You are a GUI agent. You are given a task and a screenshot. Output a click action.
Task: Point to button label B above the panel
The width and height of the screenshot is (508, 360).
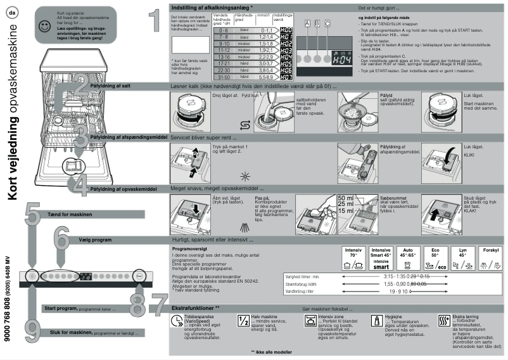click(x=317, y=23)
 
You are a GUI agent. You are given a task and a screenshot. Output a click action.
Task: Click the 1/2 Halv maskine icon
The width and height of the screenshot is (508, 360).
click(x=243, y=320)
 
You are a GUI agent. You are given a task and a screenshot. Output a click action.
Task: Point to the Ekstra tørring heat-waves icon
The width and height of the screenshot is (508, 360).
click(x=443, y=320)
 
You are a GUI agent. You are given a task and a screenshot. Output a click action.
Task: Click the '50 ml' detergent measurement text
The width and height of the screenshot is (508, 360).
click(x=346, y=198)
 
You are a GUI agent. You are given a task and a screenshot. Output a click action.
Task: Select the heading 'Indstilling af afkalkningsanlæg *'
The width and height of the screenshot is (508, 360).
click(x=213, y=6)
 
